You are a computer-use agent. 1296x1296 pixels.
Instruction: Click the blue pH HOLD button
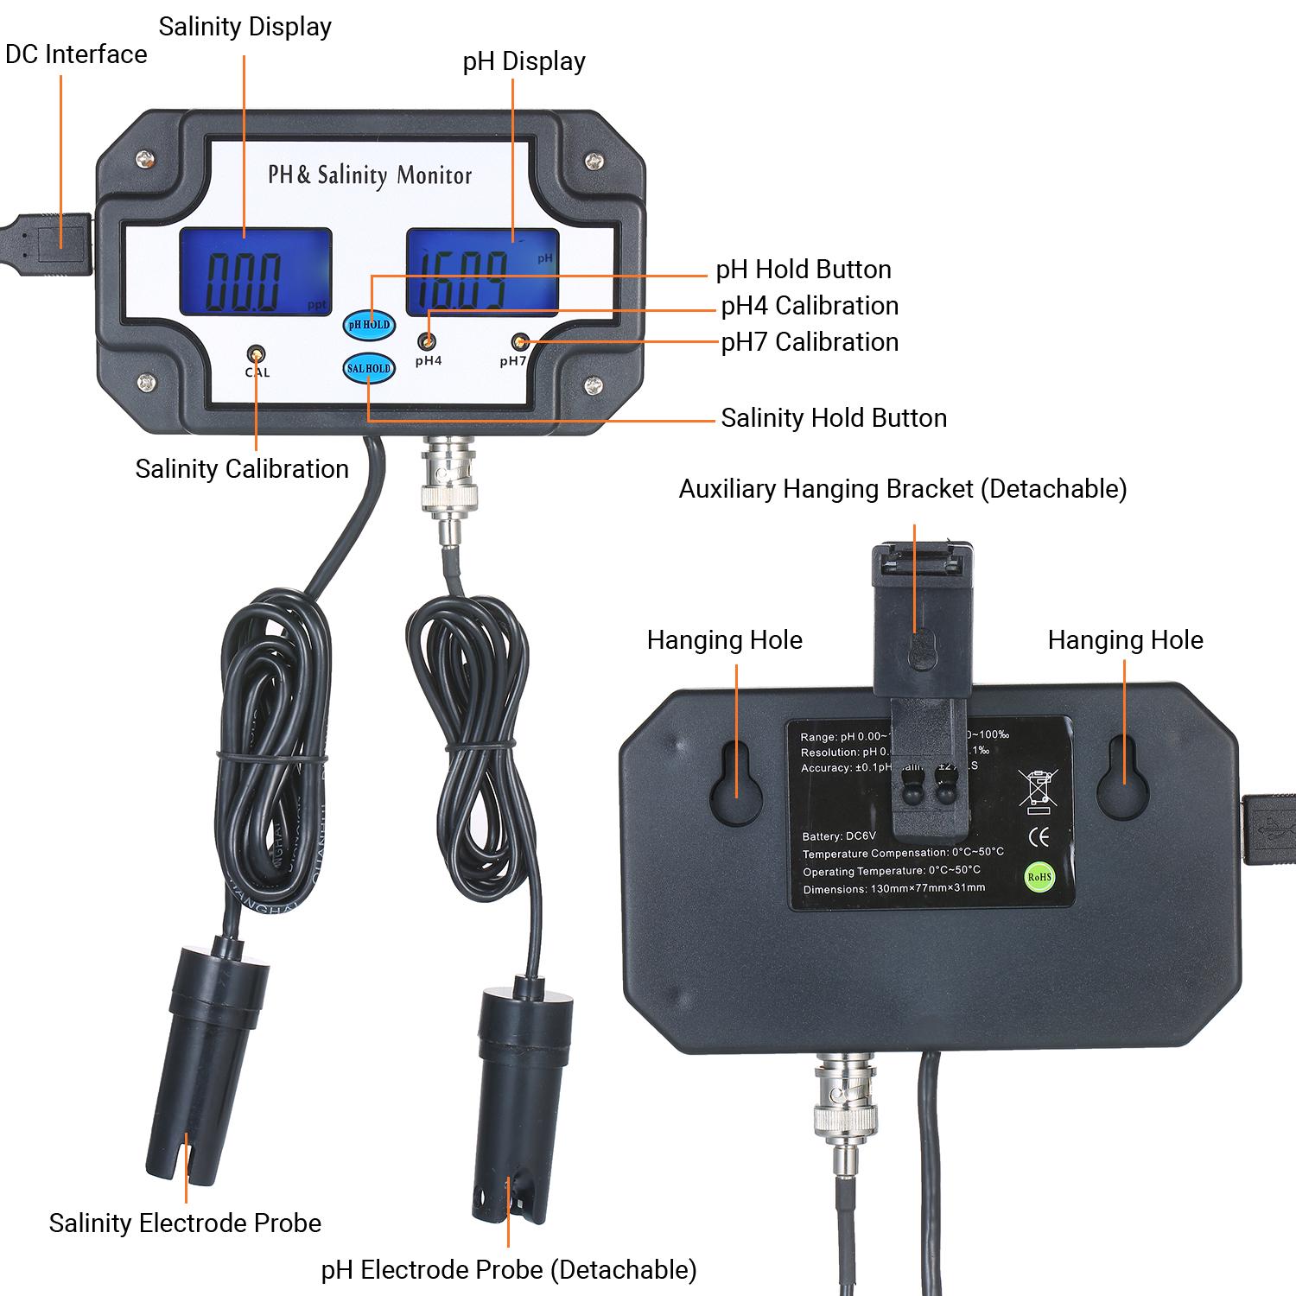(369, 325)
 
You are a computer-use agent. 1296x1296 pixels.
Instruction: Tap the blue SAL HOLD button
(369, 369)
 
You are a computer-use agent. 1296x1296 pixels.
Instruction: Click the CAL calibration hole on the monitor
(257, 354)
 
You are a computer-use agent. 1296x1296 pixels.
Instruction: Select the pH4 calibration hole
(428, 341)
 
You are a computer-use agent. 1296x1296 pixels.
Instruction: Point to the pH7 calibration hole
(519, 340)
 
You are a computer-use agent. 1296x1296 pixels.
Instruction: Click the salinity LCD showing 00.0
(256, 272)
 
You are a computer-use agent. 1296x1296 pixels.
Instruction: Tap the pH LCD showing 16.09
(482, 270)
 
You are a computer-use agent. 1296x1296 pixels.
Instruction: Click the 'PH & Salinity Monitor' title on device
(370, 175)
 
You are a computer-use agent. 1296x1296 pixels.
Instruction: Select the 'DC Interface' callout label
(76, 54)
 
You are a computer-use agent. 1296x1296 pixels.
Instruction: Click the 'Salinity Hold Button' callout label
(834, 418)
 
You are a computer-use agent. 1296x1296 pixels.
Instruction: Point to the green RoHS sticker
(1040, 876)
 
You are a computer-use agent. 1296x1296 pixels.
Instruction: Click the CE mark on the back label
(1039, 836)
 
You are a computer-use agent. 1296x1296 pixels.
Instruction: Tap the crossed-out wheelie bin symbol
(1038, 791)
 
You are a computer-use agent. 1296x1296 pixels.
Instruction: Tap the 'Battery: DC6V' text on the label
(838, 836)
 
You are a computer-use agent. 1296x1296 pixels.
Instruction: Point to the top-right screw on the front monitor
(593, 161)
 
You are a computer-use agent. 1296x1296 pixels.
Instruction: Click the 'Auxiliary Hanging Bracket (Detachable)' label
(902, 489)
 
